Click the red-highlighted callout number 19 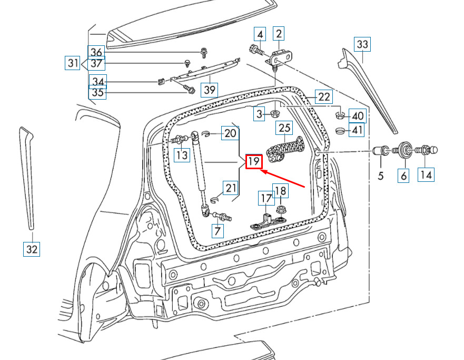(x=254, y=161)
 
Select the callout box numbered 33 (x=362, y=44)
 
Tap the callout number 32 (x=32, y=249)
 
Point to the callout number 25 (x=284, y=128)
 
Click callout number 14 (x=427, y=173)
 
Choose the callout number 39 (x=210, y=90)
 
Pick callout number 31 (x=73, y=63)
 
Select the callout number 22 (x=324, y=96)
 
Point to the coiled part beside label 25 (x=284, y=149)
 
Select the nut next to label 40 (x=340, y=114)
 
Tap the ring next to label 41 (x=340, y=130)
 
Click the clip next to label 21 (x=214, y=200)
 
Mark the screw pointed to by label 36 (x=204, y=51)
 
